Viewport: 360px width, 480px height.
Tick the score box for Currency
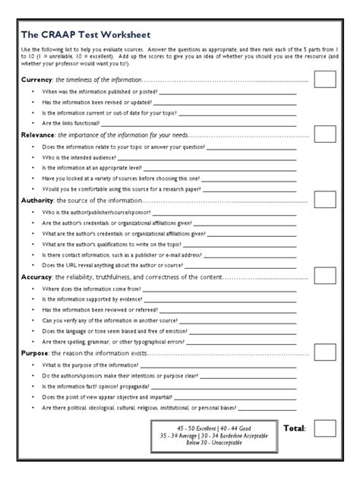(x=325, y=79)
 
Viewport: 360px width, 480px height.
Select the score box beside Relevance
(x=325, y=134)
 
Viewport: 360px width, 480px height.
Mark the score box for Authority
(x=325, y=199)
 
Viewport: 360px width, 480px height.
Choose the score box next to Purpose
(x=325, y=352)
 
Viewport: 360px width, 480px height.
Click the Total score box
(x=325, y=428)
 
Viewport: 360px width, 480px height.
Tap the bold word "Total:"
(x=294, y=429)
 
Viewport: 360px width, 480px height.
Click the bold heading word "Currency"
(x=36, y=80)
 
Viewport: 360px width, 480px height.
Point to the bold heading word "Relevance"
(x=39, y=134)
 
